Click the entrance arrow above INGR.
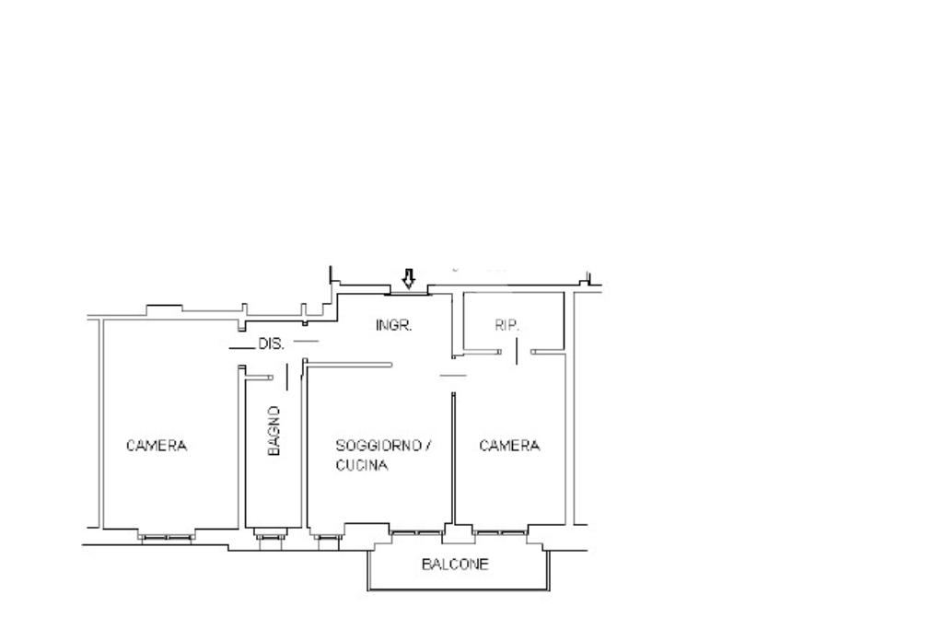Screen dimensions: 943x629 tap(409, 278)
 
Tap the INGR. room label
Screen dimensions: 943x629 tap(394, 325)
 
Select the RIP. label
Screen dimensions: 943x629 tap(506, 325)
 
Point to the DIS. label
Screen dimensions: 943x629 tap(272, 344)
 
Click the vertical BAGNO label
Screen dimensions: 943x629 tap(274, 431)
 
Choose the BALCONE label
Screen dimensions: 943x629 tap(455, 564)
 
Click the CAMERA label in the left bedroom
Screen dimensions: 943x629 tap(157, 446)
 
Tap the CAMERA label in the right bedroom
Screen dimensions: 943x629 tap(509, 446)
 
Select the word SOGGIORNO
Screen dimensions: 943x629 tap(378, 446)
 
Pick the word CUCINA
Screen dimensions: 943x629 tap(361, 465)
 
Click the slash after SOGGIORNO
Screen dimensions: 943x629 tap(429, 446)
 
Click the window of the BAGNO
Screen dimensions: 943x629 tap(269, 536)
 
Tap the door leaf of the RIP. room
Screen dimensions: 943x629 tap(517, 351)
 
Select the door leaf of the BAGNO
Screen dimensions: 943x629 tap(287, 377)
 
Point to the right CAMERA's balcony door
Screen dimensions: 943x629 tap(500, 533)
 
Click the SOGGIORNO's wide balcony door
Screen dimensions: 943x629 tap(417, 533)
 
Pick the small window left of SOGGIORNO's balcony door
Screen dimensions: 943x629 tap(327, 537)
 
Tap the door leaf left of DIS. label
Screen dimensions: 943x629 tap(242, 348)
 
